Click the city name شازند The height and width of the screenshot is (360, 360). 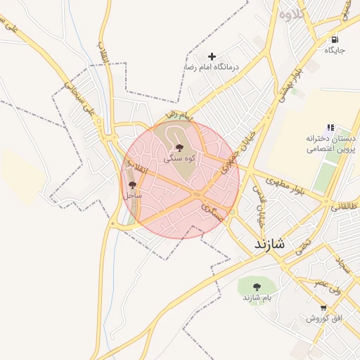(266, 244)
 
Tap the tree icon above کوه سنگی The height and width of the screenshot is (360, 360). (179, 148)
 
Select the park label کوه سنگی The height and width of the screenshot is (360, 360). (179, 160)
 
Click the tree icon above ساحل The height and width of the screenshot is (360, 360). (133, 184)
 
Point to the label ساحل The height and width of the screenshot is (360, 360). (133, 195)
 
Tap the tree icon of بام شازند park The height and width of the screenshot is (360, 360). (256, 286)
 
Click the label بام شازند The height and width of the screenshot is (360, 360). (257, 297)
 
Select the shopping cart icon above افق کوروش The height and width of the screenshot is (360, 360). (323, 307)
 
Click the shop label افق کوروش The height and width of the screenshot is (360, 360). (323, 319)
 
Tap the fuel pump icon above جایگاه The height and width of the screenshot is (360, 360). (335, 39)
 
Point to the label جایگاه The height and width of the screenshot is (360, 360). (335, 51)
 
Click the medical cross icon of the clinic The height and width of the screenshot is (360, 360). (212, 56)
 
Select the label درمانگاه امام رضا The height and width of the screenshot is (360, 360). (212, 67)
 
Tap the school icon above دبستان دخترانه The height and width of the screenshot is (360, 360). (330, 127)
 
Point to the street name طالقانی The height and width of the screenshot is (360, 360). (345, 207)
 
